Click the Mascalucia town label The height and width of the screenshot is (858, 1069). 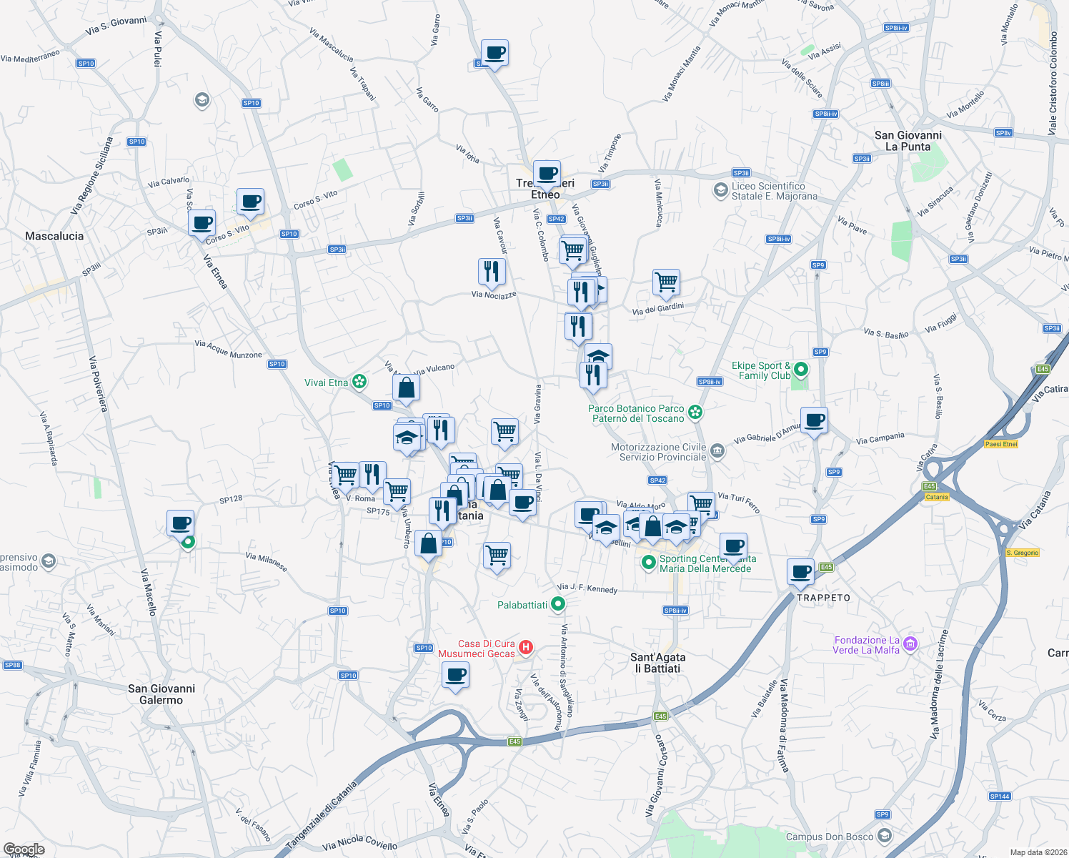click(54, 236)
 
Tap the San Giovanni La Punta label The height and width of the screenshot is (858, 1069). click(908, 141)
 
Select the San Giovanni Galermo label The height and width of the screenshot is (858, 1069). click(161, 694)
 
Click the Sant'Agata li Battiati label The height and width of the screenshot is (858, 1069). click(657, 663)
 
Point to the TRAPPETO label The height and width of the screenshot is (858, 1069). click(823, 598)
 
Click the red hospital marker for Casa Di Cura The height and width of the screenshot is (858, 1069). click(526, 648)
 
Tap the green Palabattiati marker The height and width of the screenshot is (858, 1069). click(558, 605)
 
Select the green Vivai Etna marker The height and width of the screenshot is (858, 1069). click(359, 383)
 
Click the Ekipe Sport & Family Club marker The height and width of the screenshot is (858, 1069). click(801, 370)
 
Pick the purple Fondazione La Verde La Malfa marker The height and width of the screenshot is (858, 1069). click(910, 645)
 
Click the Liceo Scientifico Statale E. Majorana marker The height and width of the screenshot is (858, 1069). click(720, 191)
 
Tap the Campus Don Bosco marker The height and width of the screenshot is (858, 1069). click(885, 837)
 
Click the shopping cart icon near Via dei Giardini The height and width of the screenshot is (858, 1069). click(666, 282)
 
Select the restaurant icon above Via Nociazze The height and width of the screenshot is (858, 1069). click(492, 272)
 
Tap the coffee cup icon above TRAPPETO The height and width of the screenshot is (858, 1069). click(801, 571)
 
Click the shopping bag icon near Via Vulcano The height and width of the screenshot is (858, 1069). click(406, 388)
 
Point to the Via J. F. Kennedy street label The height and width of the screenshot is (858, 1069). click(587, 588)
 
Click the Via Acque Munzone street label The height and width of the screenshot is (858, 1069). click(229, 350)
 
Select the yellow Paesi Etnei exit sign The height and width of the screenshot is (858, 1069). click(1000, 444)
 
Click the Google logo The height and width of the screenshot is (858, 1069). click(24, 849)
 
